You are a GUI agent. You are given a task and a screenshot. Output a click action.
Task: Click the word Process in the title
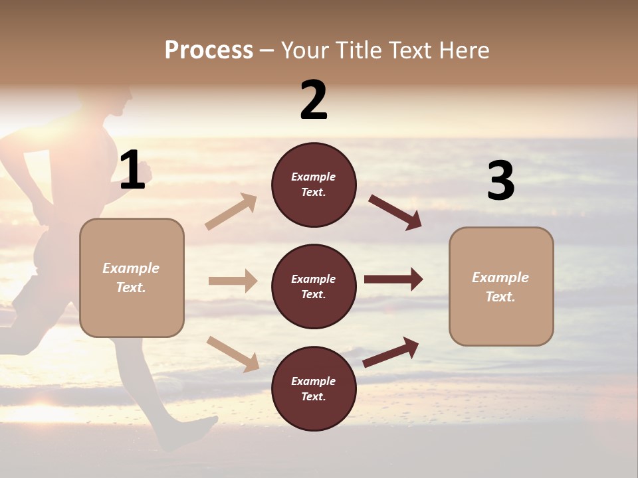tap(209, 50)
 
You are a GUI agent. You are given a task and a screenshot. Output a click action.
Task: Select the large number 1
tap(132, 171)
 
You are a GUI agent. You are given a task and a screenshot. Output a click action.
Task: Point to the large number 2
tap(314, 100)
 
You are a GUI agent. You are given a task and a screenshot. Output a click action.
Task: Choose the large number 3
tap(500, 181)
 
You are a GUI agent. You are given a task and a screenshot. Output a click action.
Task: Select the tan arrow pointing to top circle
tap(231, 212)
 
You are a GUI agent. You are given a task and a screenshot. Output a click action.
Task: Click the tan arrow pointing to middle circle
tap(233, 281)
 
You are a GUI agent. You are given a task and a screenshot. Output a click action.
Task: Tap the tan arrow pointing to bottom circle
tap(233, 353)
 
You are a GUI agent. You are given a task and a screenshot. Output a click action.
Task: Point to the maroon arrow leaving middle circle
tap(393, 279)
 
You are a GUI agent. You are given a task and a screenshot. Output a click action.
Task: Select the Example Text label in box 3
tap(500, 287)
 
